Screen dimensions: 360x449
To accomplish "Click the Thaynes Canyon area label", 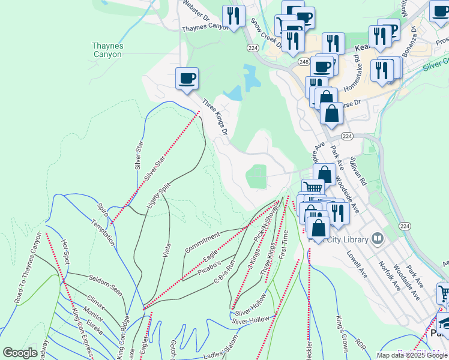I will pyautogui.click(x=107, y=50).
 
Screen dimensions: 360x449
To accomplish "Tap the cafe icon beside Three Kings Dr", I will pyautogui.click(x=187, y=79).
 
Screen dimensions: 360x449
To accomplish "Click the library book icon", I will pyautogui.click(x=378, y=239).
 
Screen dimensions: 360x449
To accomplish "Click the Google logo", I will pyautogui.click(x=20, y=353).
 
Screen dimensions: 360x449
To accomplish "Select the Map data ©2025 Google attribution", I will pyautogui.click(x=412, y=355).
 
